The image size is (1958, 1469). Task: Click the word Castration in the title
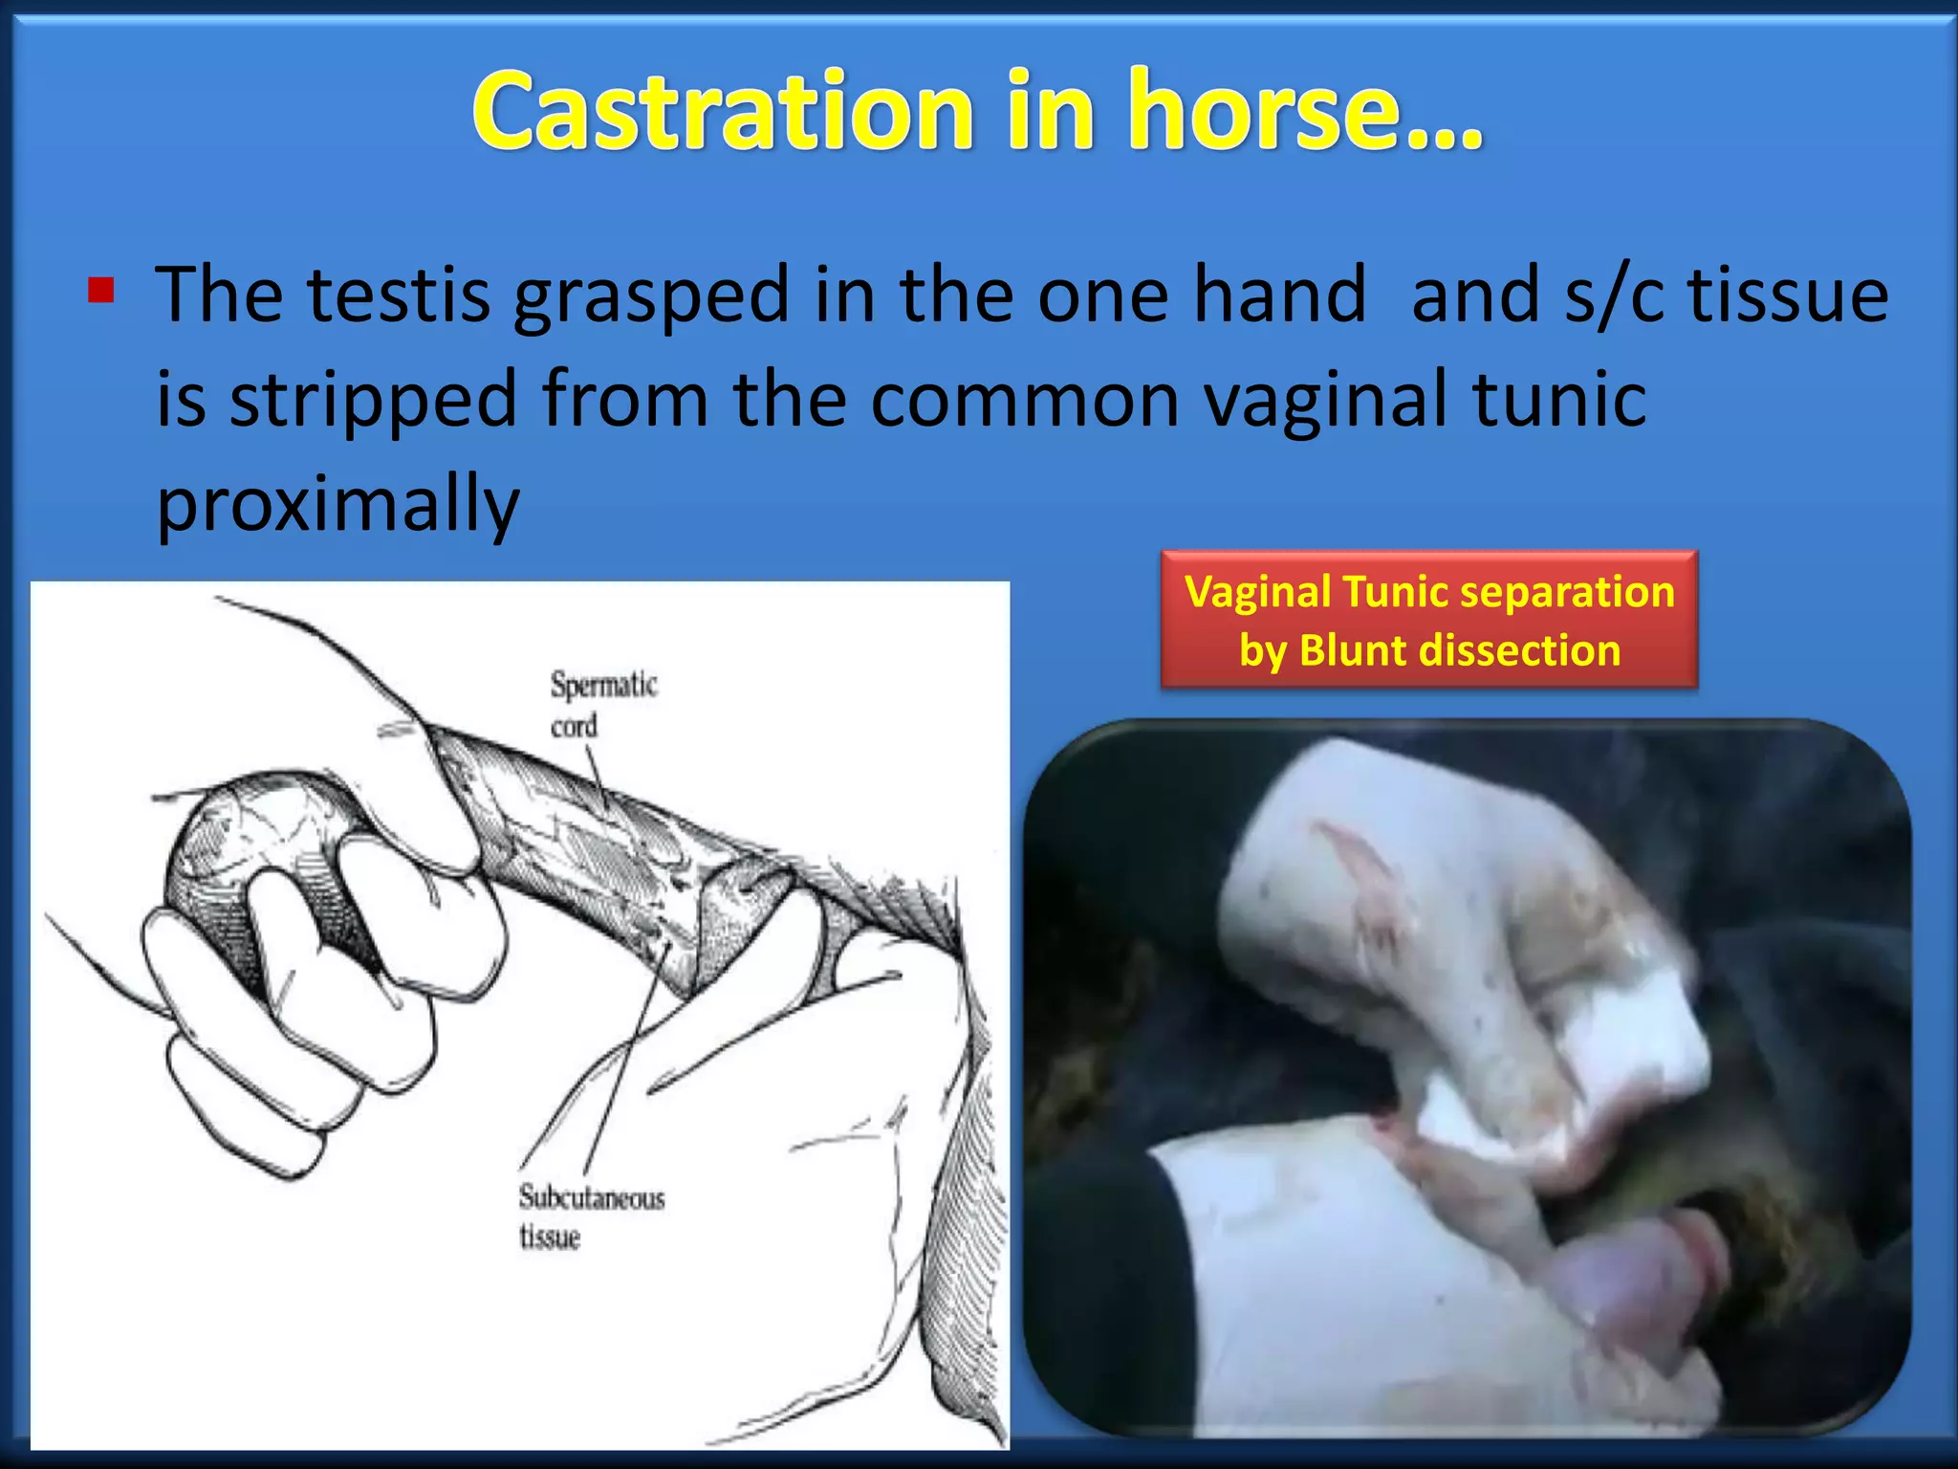722,111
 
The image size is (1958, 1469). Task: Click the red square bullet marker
100,290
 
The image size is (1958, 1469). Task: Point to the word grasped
651,296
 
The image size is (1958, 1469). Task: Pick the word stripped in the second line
373,400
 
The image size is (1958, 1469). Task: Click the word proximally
337,505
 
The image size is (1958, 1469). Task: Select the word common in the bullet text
1024,400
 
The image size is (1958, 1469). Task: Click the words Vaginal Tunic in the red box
1338,592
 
